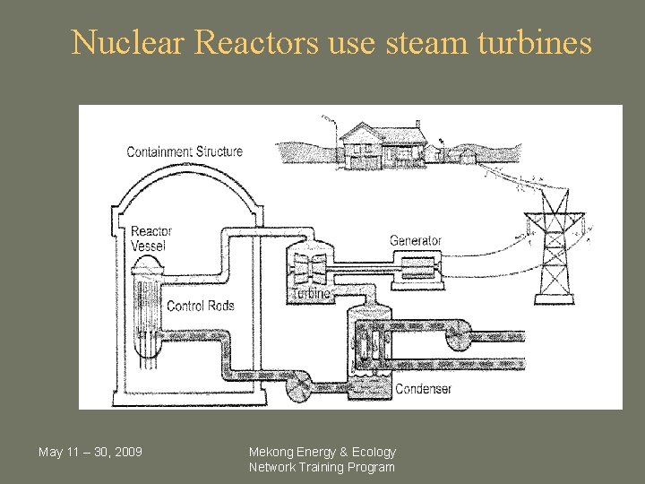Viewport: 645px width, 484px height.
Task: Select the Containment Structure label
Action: tap(185, 151)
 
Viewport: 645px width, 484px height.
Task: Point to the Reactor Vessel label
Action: tap(150, 238)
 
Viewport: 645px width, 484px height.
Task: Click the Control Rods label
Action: tap(200, 306)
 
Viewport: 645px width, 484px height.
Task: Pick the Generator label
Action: tap(415, 240)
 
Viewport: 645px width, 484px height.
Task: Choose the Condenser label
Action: tap(423, 389)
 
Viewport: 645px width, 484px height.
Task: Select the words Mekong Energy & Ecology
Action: tap(322, 452)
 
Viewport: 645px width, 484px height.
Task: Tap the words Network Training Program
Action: tap(322, 467)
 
